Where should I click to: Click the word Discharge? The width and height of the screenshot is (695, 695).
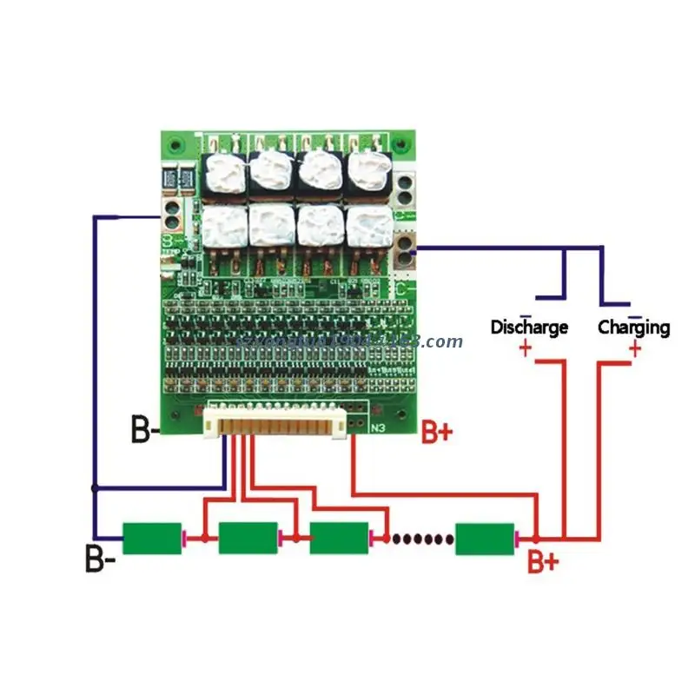tap(529, 328)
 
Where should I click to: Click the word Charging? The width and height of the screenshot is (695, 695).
tap(633, 328)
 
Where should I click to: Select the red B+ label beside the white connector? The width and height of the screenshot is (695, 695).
tap(437, 433)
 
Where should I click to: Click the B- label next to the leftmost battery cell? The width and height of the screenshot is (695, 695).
tap(100, 558)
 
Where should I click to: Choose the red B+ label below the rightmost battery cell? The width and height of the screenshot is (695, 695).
tap(544, 563)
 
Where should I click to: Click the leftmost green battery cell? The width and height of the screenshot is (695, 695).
tap(152, 539)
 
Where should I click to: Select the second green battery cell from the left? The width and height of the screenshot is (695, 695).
tap(248, 539)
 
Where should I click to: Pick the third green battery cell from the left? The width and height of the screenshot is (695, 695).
tap(339, 539)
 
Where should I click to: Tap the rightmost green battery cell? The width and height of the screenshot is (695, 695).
tap(484, 539)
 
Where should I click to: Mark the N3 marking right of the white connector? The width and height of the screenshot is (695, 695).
tap(378, 427)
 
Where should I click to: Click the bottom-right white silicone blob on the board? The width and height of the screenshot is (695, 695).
tap(369, 225)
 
